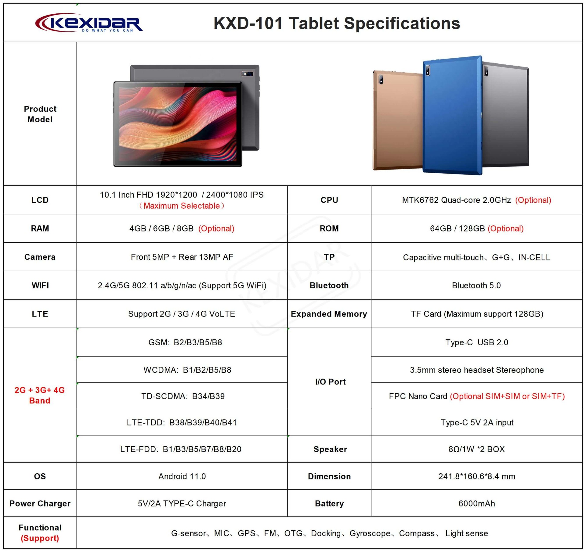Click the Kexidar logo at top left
(x=89, y=23)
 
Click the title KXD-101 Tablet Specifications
(x=337, y=23)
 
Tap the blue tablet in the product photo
(x=452, y=115)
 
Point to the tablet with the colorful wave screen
(x=178, y=124)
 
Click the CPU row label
(x=329, y=200)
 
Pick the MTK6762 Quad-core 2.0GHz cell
(x=476, y=200)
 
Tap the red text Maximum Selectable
(x=182, y=206)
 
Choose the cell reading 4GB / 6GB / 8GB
(x=182, y=228)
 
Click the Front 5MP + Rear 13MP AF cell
(x=182, y=257)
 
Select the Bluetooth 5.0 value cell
(x=476, y=285)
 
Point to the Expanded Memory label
(x=329, y=314)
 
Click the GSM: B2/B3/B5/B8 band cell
(x=185, y=342)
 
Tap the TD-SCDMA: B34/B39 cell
(x=183, y=396)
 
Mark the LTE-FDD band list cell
(x=181, y=449)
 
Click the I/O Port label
(x=330, y=382)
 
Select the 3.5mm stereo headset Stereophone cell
(x=477, y=370)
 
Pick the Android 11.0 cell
(x=182, y=476)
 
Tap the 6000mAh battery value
(x=477, y=503)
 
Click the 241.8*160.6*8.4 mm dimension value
(x=477, y=476)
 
